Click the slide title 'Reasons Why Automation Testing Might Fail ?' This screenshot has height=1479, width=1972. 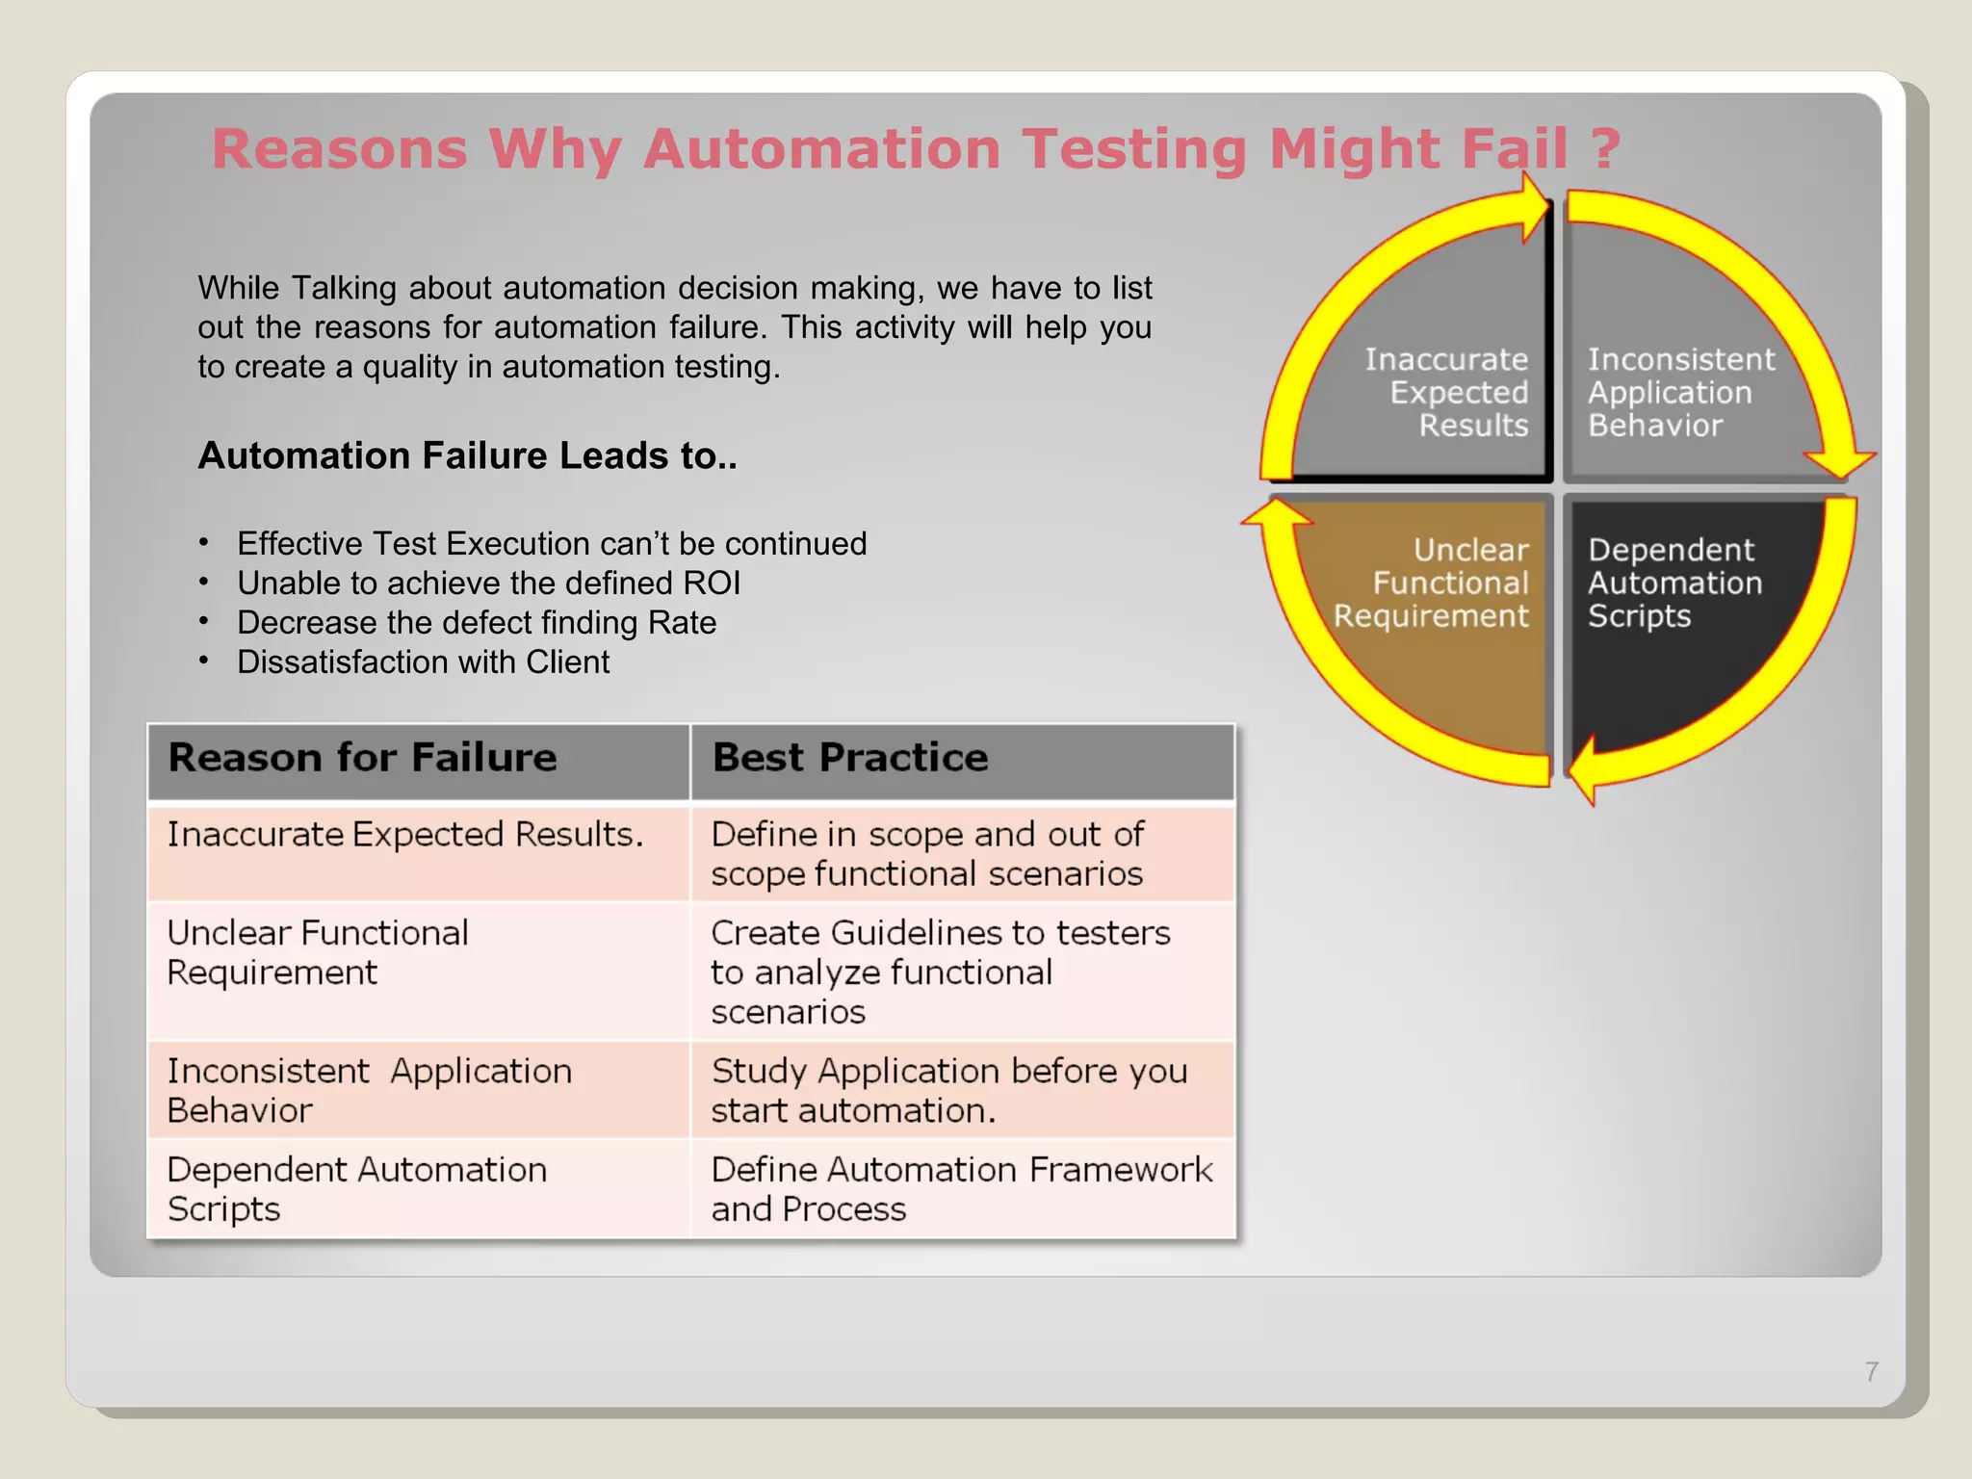coord(915,149)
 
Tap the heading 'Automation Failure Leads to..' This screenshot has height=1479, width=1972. coord(467,455)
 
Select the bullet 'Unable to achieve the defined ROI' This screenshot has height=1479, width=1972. coord(488,584)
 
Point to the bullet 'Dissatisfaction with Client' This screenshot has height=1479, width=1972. coord(423,662)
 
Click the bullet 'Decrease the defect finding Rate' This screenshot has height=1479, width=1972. coord(477,623)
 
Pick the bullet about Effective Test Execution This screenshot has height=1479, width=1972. coord(552,544)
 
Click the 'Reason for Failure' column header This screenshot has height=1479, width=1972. coord(362,758)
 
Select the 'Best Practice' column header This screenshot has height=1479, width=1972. coord(850,758)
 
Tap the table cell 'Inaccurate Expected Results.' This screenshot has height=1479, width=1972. coord(404,834)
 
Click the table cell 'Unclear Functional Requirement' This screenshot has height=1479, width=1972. coord(318,952)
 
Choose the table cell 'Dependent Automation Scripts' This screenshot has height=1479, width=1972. coord(356,1189)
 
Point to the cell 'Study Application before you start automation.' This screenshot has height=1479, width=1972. coord(948,1091)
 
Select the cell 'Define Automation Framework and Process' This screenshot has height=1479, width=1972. coord(961,1189)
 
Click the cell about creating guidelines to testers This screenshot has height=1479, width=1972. coord(940,973)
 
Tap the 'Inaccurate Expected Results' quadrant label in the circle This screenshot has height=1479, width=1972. coord(1446,393)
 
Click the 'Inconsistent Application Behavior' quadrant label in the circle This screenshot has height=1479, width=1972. coord(1680,393)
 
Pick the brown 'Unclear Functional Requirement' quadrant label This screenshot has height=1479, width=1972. coord(1432,584)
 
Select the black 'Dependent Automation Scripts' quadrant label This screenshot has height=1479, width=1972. coord(1674,584)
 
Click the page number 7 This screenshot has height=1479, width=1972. coord(1871,1371)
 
